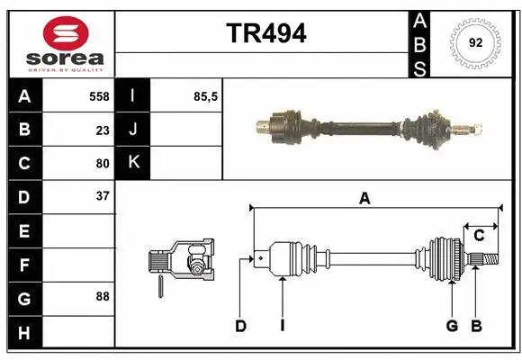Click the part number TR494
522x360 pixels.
coord(265,33)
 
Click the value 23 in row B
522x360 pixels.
coord(102,130)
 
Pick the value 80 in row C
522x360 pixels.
coord(102,164)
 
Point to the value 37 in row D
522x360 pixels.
coord(102,196)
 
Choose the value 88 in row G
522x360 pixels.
coord(102,296)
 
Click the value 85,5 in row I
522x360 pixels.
coord(206,96)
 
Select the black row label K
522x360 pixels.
coord(133,163)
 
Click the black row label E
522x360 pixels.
coord(23,230)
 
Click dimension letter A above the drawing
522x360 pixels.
coord(364,199)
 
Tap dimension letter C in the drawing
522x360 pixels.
coord(479,236)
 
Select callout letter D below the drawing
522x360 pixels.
coord(240,326)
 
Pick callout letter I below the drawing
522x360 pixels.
coord(282,326)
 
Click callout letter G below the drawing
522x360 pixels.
coord(452,326)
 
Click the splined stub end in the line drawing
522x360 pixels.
coord(484,260)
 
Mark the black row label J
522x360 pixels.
coord(133,130)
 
